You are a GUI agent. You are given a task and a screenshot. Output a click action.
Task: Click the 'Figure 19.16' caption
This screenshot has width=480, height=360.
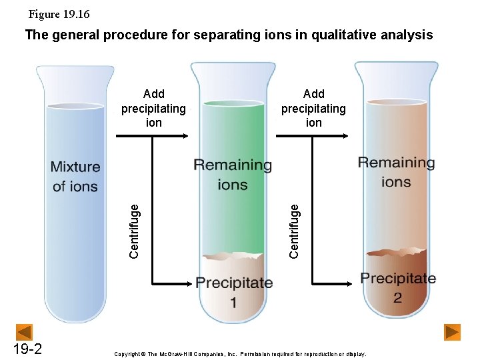click(59, 14)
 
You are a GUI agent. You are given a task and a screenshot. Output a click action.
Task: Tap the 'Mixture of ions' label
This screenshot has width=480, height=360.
click(75, 177)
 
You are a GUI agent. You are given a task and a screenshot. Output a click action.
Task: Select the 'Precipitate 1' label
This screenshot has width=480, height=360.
click(234, 292)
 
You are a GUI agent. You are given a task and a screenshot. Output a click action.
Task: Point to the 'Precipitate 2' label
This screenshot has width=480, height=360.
click(398, 287)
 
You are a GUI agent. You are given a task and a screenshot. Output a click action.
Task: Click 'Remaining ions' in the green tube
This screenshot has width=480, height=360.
click(233, 175)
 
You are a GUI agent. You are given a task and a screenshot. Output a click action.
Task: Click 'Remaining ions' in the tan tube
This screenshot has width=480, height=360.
click(396, 172)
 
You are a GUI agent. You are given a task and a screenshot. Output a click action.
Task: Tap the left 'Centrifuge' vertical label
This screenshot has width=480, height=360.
click(134, 230)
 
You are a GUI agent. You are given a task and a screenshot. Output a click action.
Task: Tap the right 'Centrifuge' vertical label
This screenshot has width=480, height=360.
click(294, 230)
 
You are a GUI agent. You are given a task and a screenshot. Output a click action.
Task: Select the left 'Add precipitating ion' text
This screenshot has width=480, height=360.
click(153, 108)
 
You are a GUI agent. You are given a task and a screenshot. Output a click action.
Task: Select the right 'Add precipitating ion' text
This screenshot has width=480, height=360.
click(313, 108)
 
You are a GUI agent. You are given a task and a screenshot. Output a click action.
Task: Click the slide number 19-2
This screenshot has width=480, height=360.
click(27, 349)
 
